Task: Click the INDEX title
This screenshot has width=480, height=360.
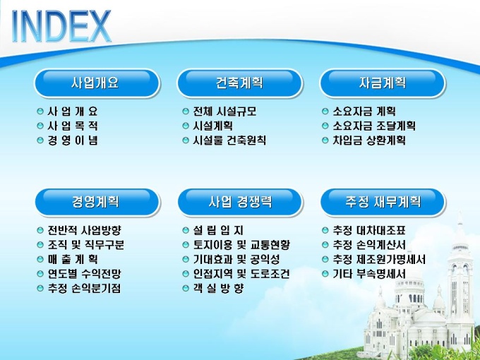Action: (61, 26)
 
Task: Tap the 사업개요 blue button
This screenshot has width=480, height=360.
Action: (97, 83)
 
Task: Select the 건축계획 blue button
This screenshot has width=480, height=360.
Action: (240, 83)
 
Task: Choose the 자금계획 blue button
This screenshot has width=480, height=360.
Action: (383, 83)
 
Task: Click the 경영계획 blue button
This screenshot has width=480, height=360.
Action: (97, 203)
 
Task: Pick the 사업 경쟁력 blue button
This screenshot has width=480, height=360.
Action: (240, 203)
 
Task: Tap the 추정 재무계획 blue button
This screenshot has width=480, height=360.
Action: (383, 203)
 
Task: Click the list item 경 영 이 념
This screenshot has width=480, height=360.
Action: (73, 140)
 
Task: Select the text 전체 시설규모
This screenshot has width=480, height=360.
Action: (224, 111)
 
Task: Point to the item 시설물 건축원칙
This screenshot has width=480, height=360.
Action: (229, 140)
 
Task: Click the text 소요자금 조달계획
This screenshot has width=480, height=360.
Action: (374, 126)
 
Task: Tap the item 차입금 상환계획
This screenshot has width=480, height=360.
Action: (369, 140)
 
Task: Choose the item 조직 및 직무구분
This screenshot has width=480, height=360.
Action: (85, 245)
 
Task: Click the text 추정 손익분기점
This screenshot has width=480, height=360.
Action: (84, 289)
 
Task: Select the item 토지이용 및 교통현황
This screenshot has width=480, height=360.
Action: (241, 245)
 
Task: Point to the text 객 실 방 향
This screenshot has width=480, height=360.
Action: (218, 289)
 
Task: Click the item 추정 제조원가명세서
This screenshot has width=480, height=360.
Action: (379, 260)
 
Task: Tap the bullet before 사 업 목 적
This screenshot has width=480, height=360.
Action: (40, 126)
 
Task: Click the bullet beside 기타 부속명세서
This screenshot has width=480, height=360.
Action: (325, 274)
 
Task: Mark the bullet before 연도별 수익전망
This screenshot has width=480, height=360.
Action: (40, 274)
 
